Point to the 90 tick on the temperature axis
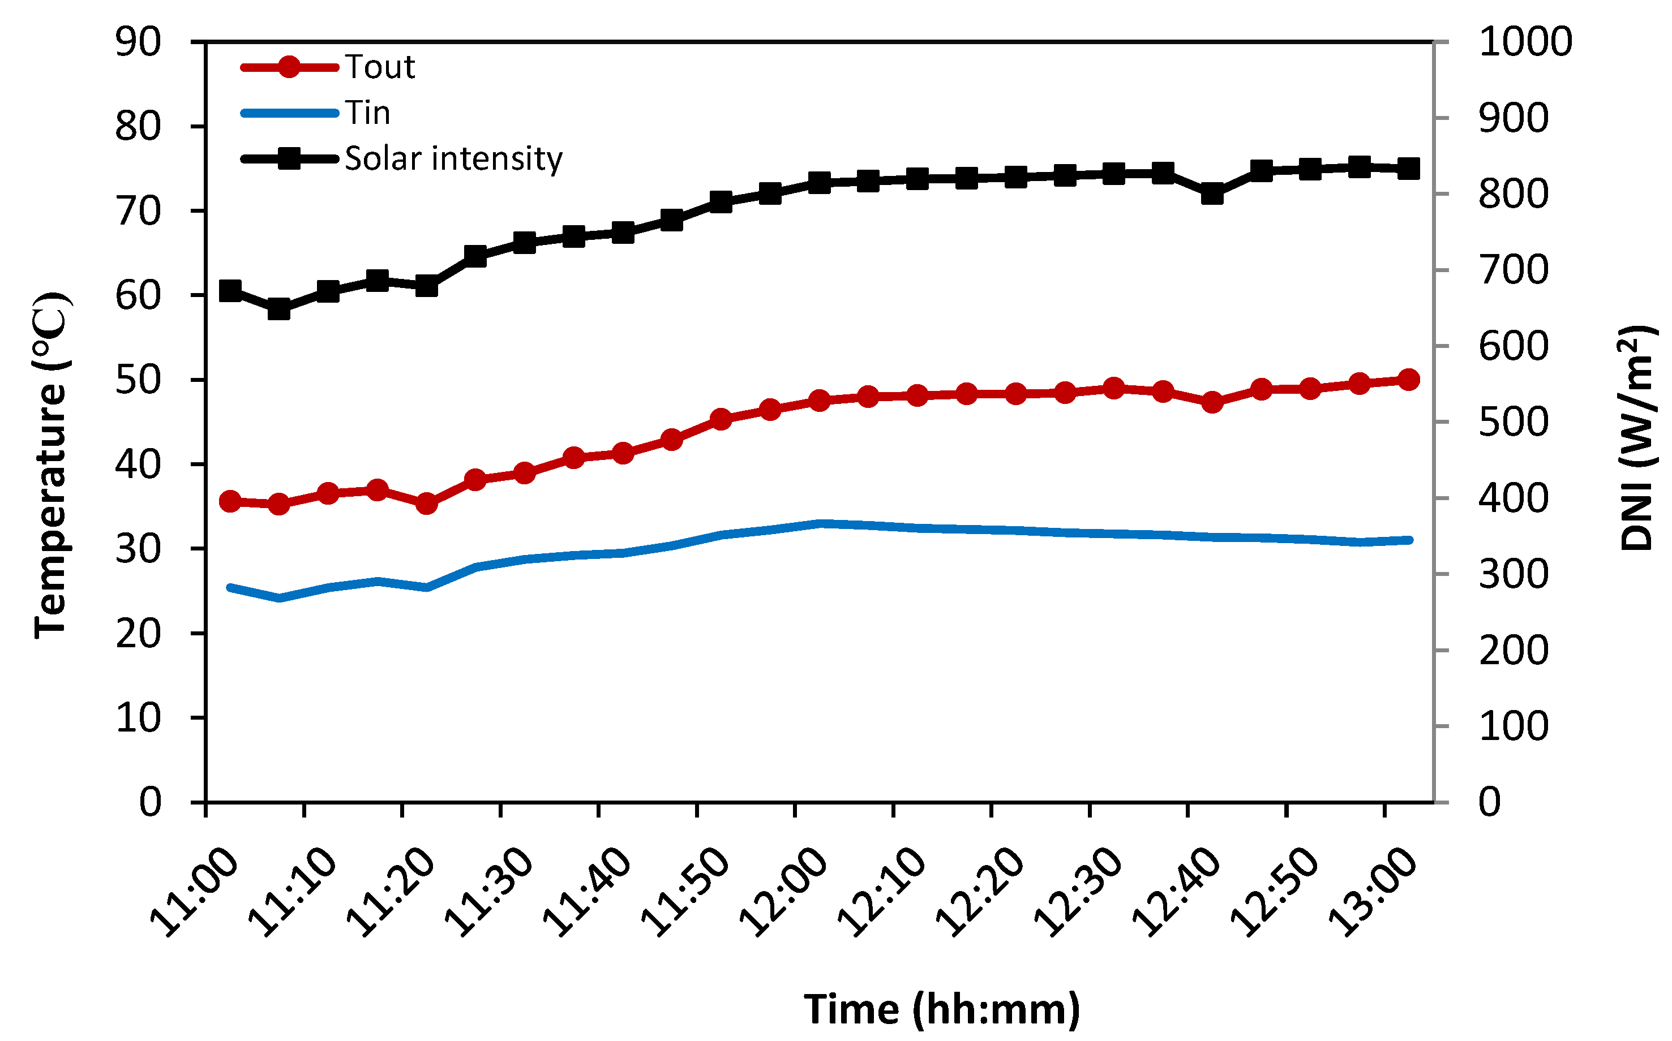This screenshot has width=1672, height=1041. pos(139,42)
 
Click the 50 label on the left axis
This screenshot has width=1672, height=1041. pos(139,380)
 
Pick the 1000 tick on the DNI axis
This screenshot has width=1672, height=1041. pos(1525,42)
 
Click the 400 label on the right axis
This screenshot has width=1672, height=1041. pos(1514,498)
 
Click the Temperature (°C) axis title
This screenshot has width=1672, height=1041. pos(52,466)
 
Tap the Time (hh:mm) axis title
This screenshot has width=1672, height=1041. pos(941,1009)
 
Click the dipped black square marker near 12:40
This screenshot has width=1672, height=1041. pos(1212,195)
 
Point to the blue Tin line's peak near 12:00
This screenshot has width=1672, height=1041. pos(820,524)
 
